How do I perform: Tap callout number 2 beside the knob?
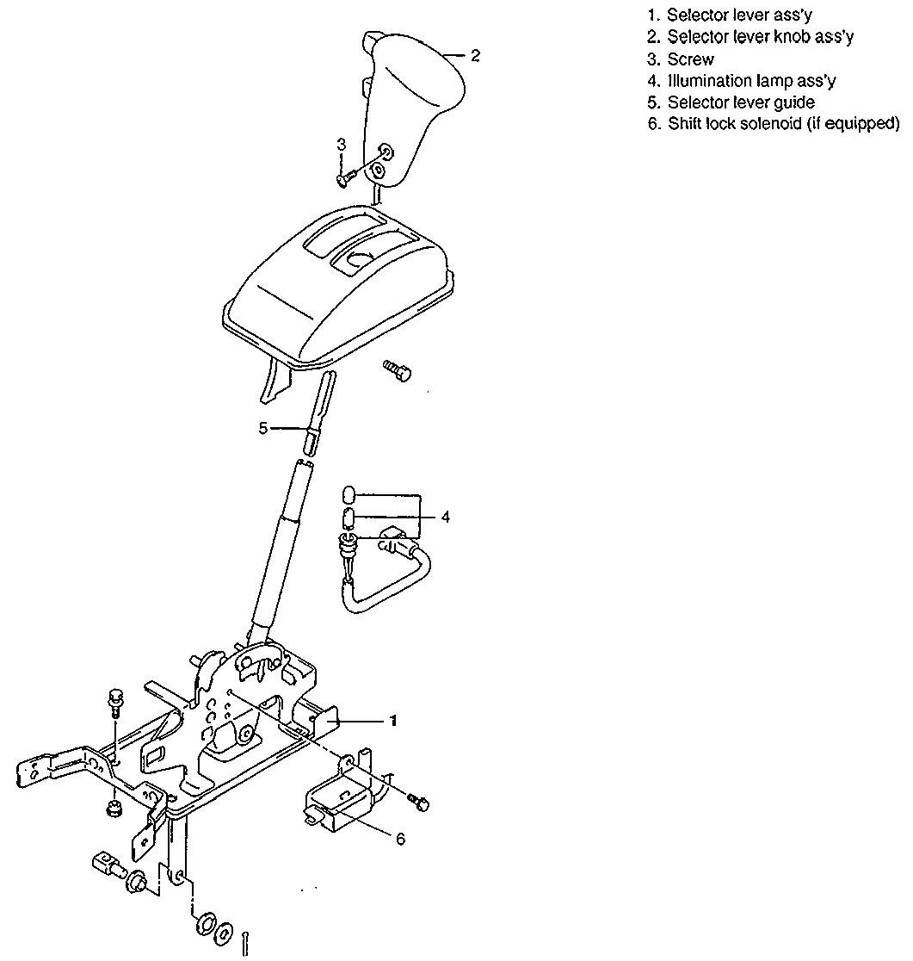click(x=475, y=56)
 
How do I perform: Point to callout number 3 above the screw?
click(x=342, y=146)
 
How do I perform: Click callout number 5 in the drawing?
click(x=263, y=427)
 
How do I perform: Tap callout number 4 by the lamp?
click(x=445, y=517)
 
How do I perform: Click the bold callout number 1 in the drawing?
click(x=393, y=721)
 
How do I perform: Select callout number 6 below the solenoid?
click(x=400, y=839)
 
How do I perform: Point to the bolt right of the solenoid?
click(x=419, y=803)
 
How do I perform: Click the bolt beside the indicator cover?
click(x=398, y=370)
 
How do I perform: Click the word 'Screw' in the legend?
click(x=690, y=59)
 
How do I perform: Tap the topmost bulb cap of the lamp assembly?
click(x=349, y=494)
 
